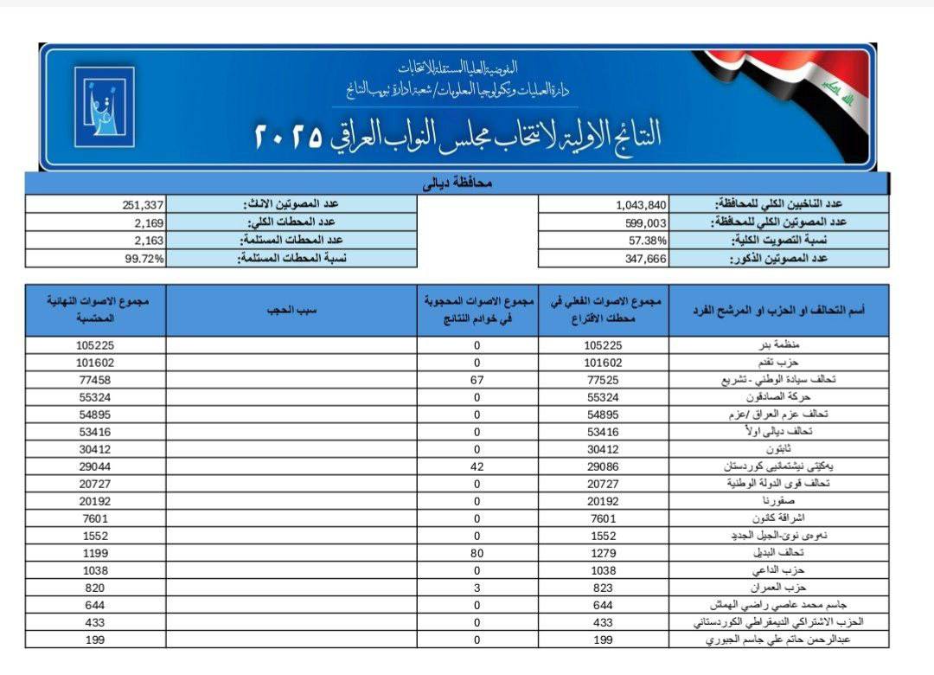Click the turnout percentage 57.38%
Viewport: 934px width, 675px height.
(645, 240)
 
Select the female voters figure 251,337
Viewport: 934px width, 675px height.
(143, 205)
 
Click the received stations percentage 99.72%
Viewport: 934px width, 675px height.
(144, 258)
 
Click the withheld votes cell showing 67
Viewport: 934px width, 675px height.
(477, 379)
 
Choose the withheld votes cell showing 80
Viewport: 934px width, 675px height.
(477, 553)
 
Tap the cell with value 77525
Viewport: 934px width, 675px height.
(603, 379)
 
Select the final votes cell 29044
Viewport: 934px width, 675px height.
(95, 466)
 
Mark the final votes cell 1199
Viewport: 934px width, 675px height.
(95, 553)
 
